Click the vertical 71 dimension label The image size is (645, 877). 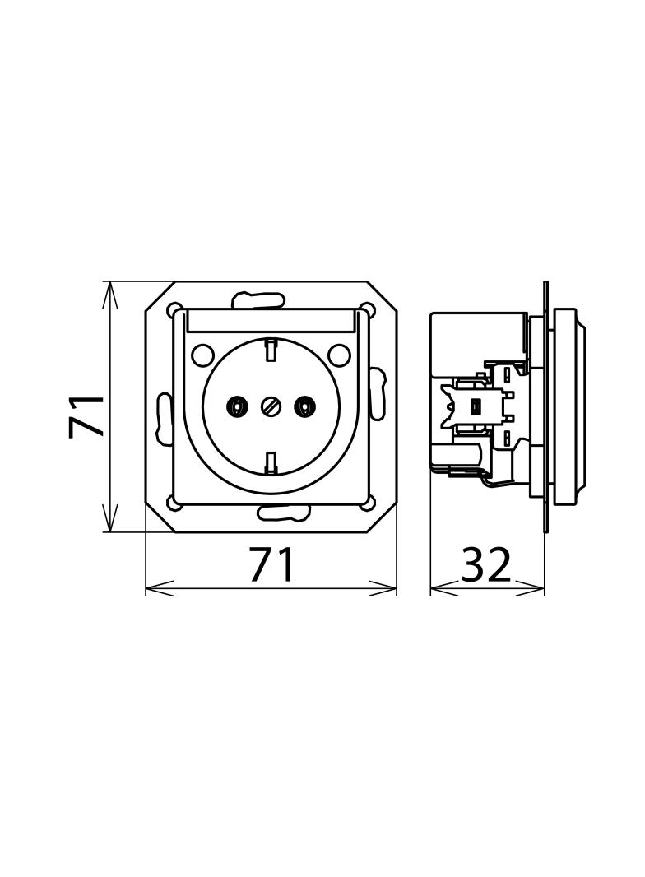tap(86, 415)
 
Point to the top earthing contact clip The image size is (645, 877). tap(271, 350)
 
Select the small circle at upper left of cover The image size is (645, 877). tap(201, 354)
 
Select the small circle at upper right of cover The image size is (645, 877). tap(337, 354)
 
